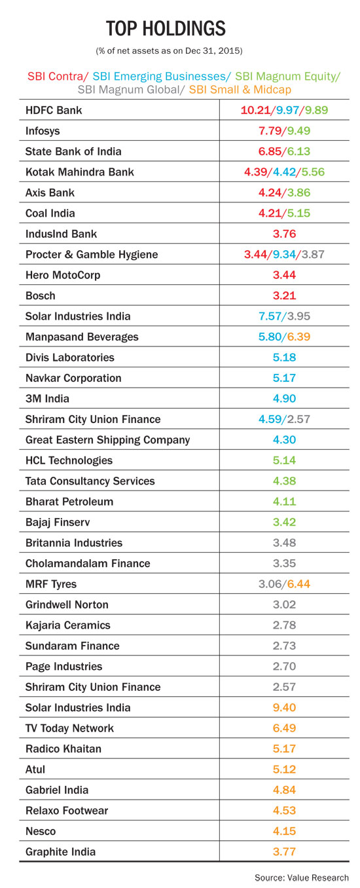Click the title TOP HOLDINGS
coord(166,29)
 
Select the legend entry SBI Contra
coord(58,76)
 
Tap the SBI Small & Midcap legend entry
coord(240,90)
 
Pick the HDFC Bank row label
coord(54,110)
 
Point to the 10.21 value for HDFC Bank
coord(255,110)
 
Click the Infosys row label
coord(43,131)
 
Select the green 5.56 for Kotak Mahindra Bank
coord(313,172)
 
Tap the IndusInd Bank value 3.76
coord(284,234)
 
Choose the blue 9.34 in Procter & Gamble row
coord(284,255)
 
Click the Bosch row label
coord(41,296)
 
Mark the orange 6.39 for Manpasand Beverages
coord(298,337)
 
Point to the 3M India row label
coord(47,399)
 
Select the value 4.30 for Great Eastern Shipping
coord(284,440)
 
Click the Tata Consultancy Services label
coord(90,481)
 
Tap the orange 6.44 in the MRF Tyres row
coord(298,584)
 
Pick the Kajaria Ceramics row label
coord(67,625)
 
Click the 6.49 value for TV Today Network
coord(284,729)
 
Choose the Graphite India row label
coord(60,853)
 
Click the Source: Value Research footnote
coord(301,878)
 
